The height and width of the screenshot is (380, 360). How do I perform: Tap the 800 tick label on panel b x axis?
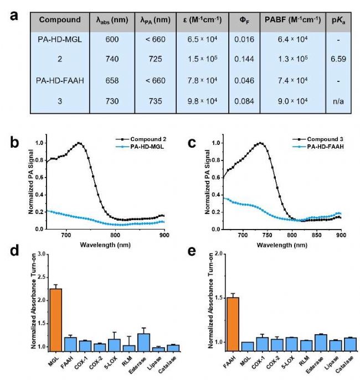pyautogui.click(x=115, y=235)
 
